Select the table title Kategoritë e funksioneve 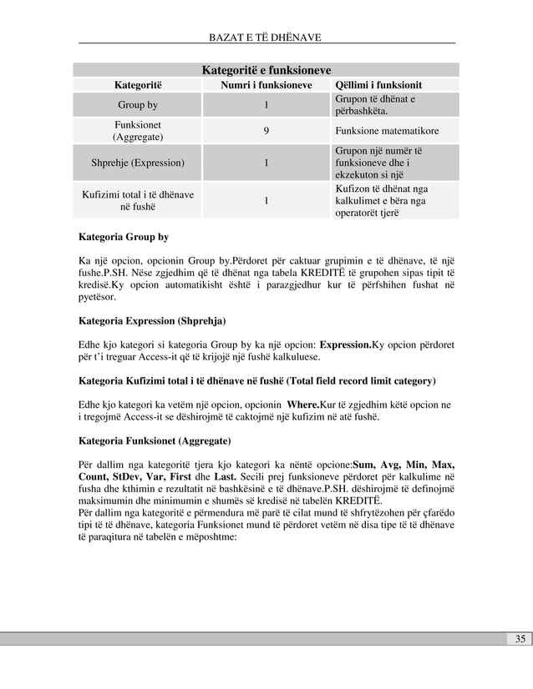[266, 69]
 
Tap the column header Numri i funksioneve [266, 85]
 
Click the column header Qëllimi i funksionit [378, 85]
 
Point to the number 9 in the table [266, 131]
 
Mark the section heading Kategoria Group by [124, 236]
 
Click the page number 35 [520, 639]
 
